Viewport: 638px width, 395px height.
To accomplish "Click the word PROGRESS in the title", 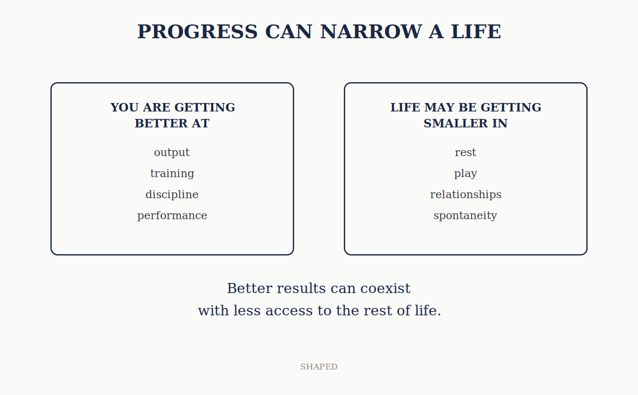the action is point(197,31).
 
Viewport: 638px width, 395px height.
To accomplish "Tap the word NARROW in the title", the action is point(371,31).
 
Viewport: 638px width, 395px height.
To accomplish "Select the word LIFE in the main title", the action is point(476,31).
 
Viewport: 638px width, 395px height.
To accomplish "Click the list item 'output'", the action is point(172,153).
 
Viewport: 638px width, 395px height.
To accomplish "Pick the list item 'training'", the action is point(172,174).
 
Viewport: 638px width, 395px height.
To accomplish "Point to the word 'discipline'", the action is point(172,194).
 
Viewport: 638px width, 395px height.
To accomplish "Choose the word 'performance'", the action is point(172,216).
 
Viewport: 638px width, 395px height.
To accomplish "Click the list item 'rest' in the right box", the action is point(465,153).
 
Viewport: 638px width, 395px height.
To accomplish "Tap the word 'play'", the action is point(465,174).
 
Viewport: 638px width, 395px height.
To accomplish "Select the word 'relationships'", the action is point(466,194).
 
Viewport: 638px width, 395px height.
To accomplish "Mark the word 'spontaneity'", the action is point(465,216).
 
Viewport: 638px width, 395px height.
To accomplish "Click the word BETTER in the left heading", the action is point(161,123).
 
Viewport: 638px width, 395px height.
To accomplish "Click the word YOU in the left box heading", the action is point(125,107).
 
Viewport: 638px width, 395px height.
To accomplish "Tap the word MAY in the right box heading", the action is point(436,107).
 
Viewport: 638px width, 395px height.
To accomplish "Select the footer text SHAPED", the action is point(318,367).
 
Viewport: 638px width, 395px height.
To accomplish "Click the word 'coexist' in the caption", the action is point(385,288).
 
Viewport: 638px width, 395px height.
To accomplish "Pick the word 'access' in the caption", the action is point(289,311).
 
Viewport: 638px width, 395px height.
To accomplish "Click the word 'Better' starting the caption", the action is point(249,288).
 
